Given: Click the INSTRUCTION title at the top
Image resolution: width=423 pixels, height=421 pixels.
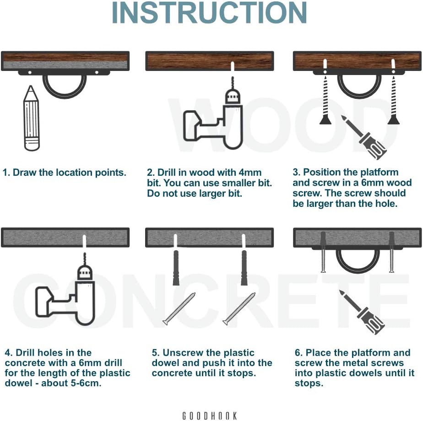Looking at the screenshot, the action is click(209, 13).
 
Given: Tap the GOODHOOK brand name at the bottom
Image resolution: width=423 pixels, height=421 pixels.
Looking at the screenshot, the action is click(210, 416).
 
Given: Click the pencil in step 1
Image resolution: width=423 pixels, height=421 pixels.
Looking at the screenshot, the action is click(32, 118).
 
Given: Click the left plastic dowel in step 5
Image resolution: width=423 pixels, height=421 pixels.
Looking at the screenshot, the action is click(176, 268).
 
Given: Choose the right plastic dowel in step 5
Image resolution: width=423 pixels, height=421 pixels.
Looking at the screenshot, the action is click(244, 268).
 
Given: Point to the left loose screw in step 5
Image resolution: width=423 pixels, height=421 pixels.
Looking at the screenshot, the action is click(179, 308).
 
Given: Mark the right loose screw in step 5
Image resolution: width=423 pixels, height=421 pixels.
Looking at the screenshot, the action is click(239, 308).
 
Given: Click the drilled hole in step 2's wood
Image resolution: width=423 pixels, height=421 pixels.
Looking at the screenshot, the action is click(233, 66).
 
